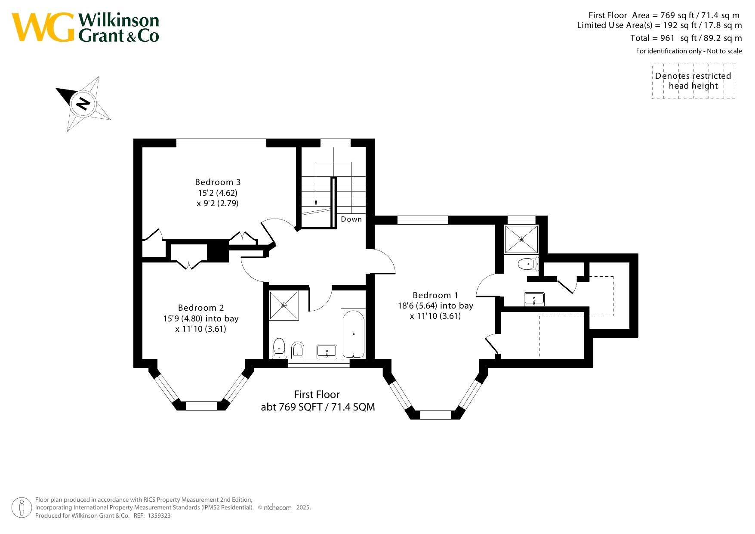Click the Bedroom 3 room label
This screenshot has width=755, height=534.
(218, 182)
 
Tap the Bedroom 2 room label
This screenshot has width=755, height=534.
(201, 308)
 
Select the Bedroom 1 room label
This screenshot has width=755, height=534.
(435, 295)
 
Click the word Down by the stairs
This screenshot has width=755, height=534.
(351, 219)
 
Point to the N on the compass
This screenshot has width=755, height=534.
(83, 103)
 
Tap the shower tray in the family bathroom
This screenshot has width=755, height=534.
(284, 306)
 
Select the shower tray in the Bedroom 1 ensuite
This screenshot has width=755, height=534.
(521, 239)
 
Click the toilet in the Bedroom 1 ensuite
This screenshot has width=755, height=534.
(528, 264)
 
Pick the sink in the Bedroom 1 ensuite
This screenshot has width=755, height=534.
(534, 299)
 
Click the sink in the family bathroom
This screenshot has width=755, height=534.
(327, 351)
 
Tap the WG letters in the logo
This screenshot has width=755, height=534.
(43, 27)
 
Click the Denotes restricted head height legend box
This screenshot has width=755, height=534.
(693, 81)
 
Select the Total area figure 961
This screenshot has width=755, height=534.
(667, 38)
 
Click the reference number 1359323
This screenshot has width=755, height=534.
(159, 515)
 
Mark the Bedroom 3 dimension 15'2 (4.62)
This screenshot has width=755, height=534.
(218, 193)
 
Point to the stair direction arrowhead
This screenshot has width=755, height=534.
(316, 203)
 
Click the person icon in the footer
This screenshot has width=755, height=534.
(22, 508)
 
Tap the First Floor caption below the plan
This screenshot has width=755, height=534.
(317, 395)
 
